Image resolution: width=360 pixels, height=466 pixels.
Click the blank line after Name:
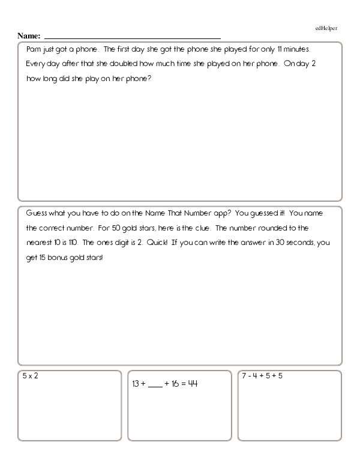[x=133, y=38]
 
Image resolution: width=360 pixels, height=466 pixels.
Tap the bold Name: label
[x=29, y=35]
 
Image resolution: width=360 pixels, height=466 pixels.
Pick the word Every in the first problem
[x=36, y=64]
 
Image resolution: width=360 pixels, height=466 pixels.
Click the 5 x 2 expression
[x=30, y=376]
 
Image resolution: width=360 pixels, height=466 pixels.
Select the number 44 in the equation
[x=193, y=383]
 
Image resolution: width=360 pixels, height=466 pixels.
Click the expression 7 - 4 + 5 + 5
[x=262, y=376]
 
